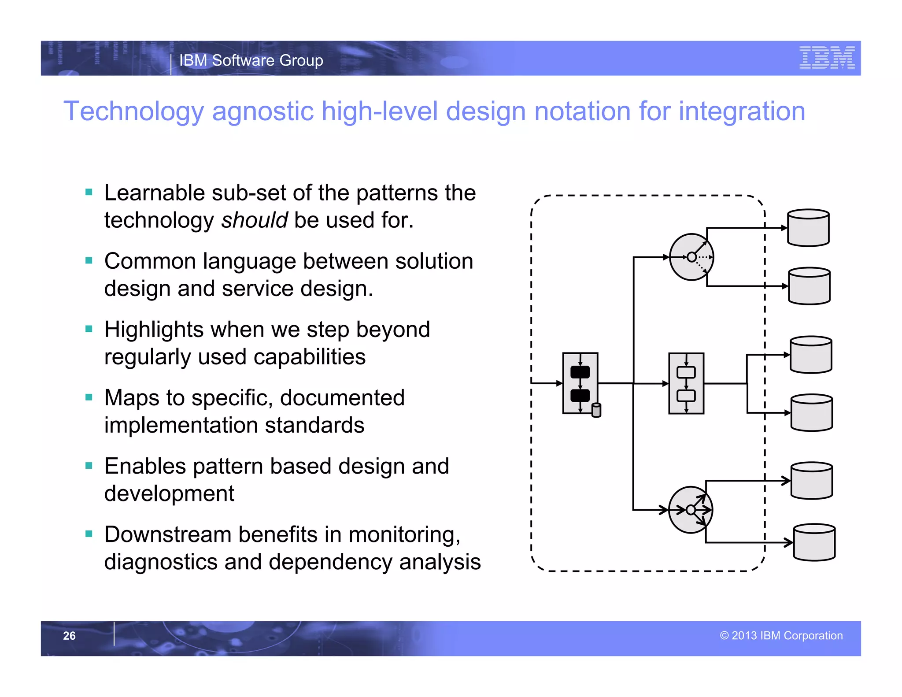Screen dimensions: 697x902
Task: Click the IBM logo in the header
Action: tap(827, 58)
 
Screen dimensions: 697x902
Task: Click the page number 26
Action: tap(69, 635)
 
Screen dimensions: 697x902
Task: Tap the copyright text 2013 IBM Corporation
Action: tap(781, 635)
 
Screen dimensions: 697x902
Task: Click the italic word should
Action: tap(254, 220)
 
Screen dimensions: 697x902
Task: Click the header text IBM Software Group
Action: tap(251, 60)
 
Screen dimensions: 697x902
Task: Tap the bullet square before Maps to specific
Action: tap(89, 397)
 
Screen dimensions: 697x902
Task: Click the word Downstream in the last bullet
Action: tap(167, 534)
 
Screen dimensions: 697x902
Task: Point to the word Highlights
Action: tap(153, 330)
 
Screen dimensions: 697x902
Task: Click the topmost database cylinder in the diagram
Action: tap(808, 228)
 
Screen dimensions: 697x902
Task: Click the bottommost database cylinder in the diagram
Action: tap(814, 542)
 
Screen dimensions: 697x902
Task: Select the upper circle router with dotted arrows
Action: tap(691, 257)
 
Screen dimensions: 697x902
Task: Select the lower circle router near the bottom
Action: tap(690, 510)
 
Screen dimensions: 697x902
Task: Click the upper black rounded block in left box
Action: tap(580, 372)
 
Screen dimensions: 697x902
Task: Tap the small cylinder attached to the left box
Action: tap(596, 410)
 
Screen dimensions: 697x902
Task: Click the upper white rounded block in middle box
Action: tap(686, 372)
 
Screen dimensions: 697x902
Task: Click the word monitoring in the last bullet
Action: tap(404, 534)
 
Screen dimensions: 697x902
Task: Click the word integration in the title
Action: tap(742, 111)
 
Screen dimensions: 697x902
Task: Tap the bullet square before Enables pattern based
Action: tap(89, 466)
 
